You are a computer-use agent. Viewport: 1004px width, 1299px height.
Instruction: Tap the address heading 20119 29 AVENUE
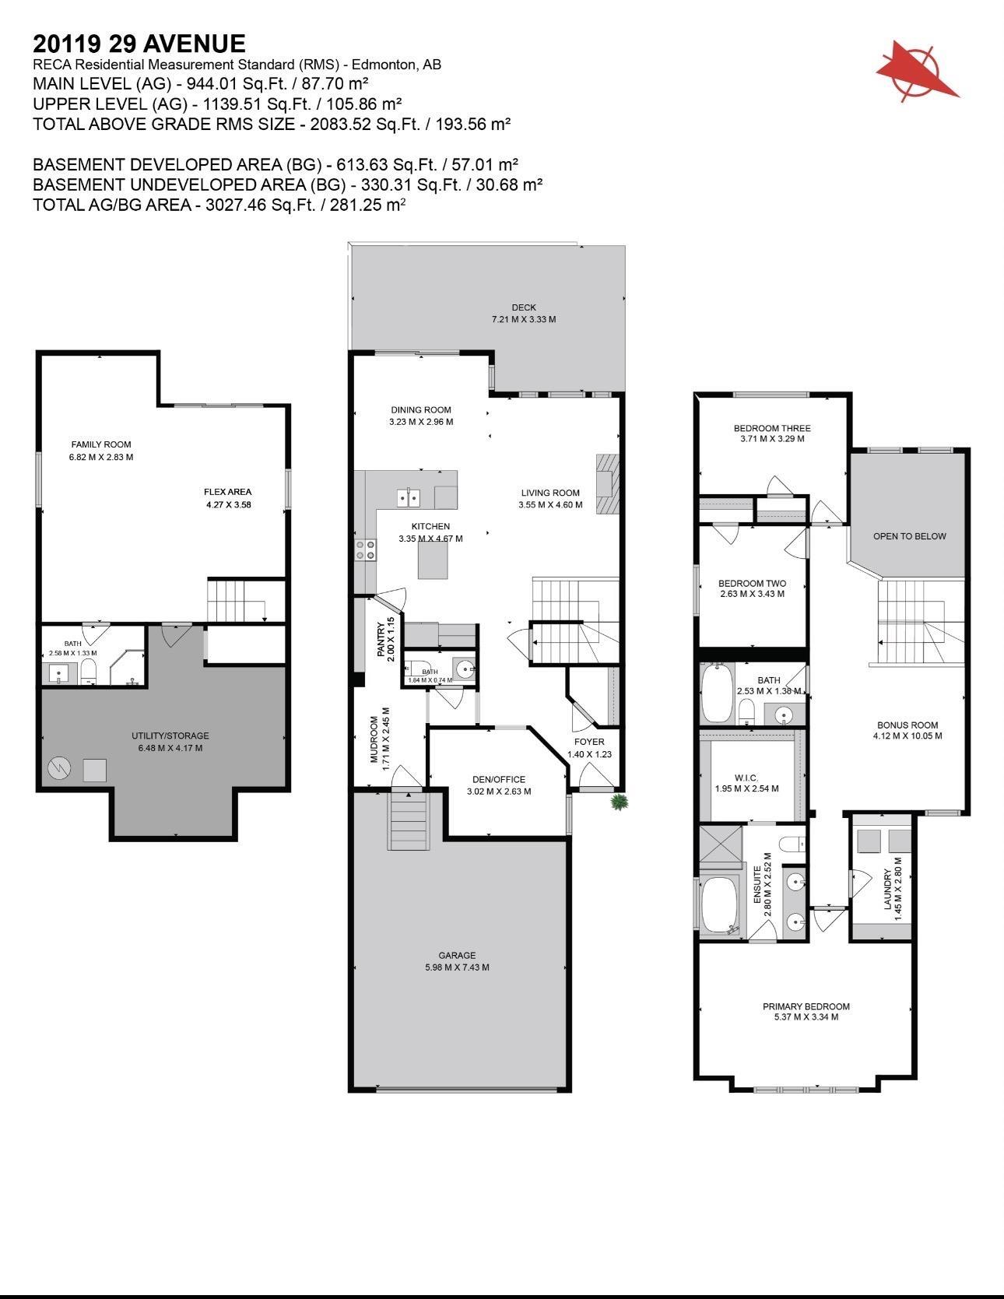[139, 44]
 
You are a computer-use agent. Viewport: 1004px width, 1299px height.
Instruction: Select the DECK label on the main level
[524, 307]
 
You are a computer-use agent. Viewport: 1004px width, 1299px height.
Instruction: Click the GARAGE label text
[457, 955]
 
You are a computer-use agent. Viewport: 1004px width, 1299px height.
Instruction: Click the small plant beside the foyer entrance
[619, 802]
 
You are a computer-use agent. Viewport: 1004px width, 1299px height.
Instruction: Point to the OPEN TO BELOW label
[909, 536]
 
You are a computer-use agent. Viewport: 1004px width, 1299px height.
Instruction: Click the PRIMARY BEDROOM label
[806, 1006]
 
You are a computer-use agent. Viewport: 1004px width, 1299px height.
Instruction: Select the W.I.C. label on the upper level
[746, 778]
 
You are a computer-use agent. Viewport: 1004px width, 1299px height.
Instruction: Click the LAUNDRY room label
[887, 889]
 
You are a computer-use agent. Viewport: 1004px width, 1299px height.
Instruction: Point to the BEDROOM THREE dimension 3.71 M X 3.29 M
[771, 439]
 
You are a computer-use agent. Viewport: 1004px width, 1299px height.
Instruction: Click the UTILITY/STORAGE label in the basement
[170, 736]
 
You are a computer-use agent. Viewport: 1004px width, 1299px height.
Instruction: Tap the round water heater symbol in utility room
[59, 769]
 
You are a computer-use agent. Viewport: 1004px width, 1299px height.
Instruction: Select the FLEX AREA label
[227, 492]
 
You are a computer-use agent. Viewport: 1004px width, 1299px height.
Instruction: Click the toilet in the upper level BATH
[746, 710]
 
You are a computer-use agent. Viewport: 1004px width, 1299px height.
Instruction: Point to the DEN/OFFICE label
[498, 779]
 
